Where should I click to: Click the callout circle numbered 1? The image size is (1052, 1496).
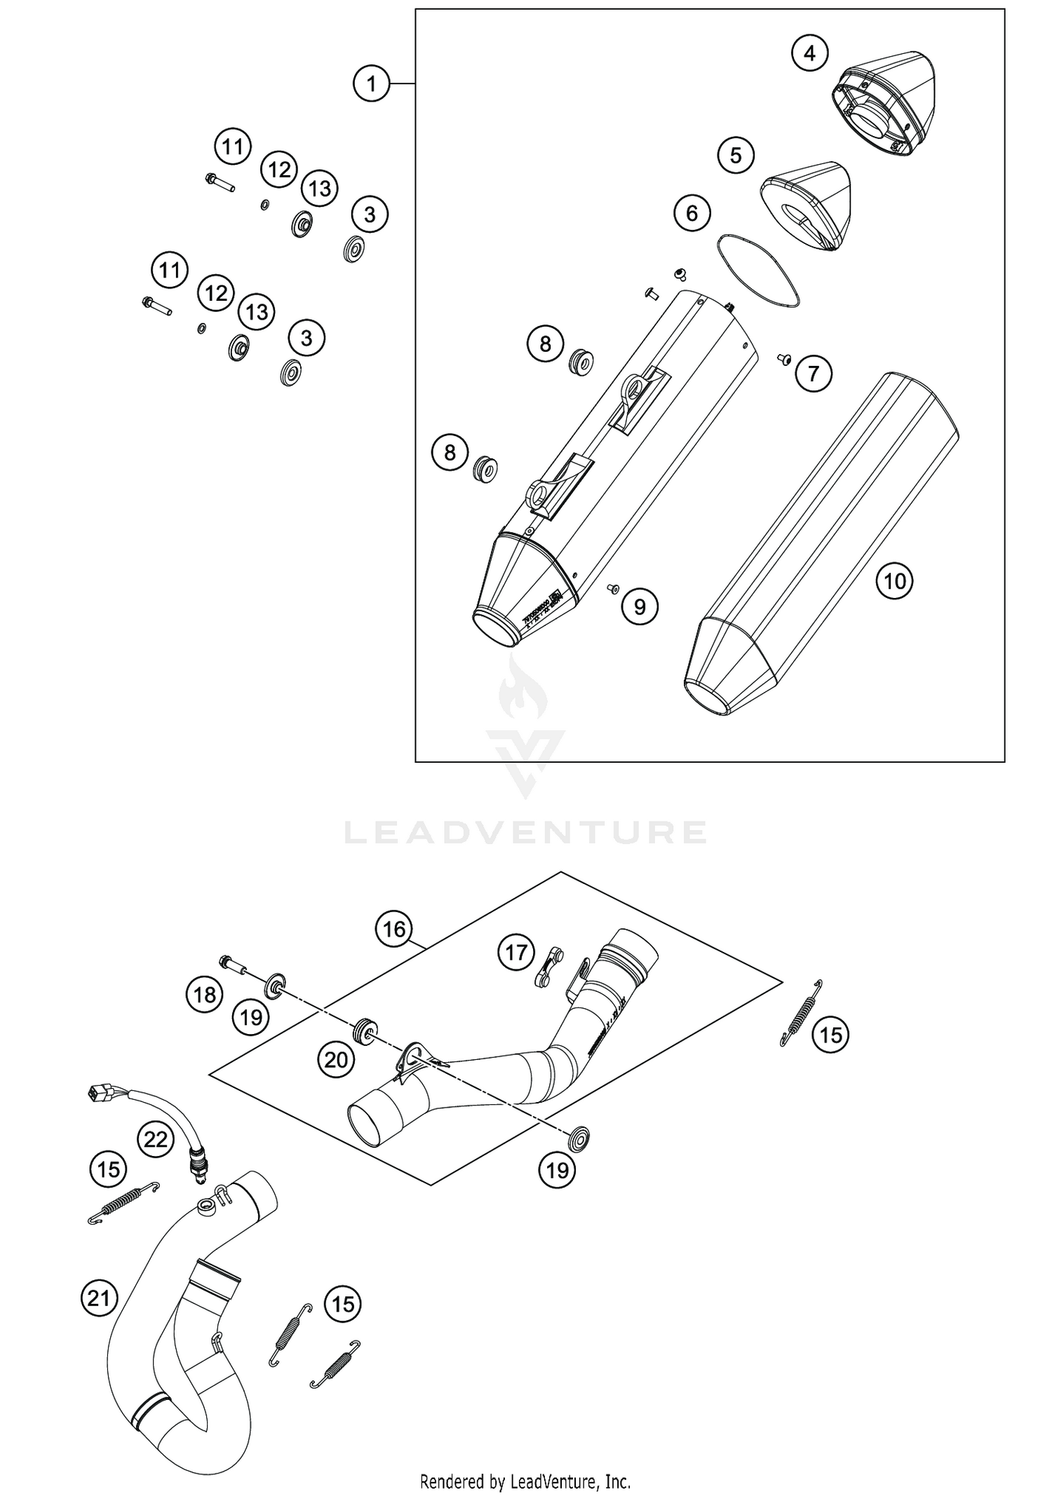(x=371, y=84)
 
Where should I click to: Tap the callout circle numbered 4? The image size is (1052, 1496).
(x=810, y=53)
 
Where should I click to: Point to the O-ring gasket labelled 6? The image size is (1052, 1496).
(x=757, y=271)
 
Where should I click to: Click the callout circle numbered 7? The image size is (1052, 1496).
(x=814, y=373)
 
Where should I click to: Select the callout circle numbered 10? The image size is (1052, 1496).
(x=895, y=581)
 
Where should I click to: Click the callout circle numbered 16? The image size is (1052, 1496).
(x=394, y=930)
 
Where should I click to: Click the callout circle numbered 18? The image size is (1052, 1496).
(x=204, y=995)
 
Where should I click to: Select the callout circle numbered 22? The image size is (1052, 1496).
(x=155, y=1139)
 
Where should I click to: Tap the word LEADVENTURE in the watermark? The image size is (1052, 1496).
(x=526, y=832)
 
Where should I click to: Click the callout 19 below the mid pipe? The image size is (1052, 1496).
(x=557, y=1170)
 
